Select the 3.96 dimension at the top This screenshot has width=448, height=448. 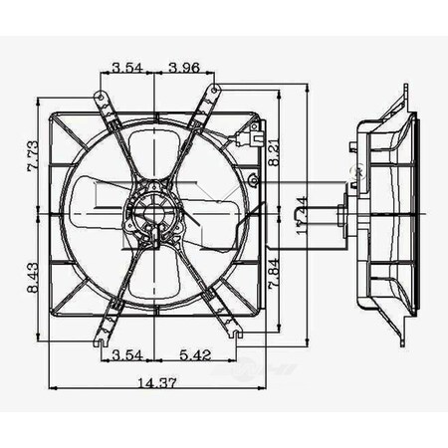click(x=184, y=69)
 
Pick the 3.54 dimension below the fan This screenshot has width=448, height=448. click(x=125, y=353)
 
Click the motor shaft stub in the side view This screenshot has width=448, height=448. click(x=339, y=215)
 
